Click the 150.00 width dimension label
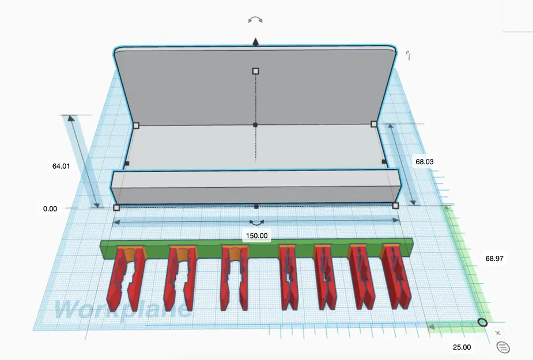click(x=256, y=236)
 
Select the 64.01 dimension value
click(x=61, y=166)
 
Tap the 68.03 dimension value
click(x=424, y=162)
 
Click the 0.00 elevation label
click(x=50, y=209)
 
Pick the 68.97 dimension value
click(x=494, y=259)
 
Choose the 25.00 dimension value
click(x=461, y=347)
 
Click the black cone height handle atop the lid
click(x=256, y=41)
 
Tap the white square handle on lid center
click(x=256, y=71)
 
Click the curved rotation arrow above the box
click(x=255, y=20)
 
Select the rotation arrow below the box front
click(x=256, y=222)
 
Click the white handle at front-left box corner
click(x=116, y=207)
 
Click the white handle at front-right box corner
click(x=395, y=206)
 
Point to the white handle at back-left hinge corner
click(x=136, y=125)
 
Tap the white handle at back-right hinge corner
click(x=373, y=124)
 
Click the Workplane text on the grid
click(x=121, y=309)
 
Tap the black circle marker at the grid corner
click(x=482, y=323)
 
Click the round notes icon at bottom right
click(x=503, y=347)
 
